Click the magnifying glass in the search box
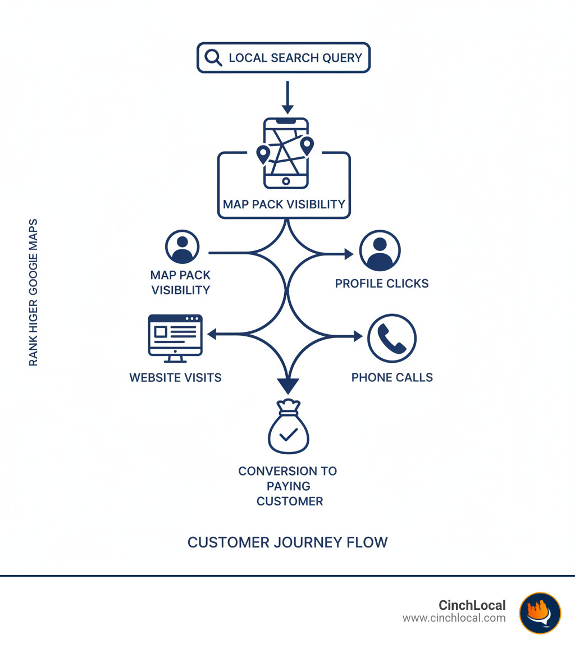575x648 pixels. tap(213, 58)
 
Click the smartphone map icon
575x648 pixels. tap(286, 153)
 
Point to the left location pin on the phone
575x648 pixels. tap(263, 154)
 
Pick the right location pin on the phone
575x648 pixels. tap(307, 145)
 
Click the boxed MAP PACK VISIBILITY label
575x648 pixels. tap(284, 204)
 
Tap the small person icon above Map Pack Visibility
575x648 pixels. tap(182, 247)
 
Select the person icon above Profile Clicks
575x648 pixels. tap(380, 250)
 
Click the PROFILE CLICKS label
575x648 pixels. tap(382, 284)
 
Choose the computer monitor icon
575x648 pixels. tap(175, 335)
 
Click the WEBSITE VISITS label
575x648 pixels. tap(175, 378)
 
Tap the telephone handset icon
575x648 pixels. tap(392, 338)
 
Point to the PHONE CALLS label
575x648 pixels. tap(392, 377)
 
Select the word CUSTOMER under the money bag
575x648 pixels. tap(290, 501)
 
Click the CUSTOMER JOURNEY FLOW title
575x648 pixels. tap(287, 542)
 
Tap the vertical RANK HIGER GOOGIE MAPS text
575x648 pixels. tap(34, 292)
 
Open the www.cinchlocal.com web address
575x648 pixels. tap(454, 618)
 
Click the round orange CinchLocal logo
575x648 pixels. tap(540, 613)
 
